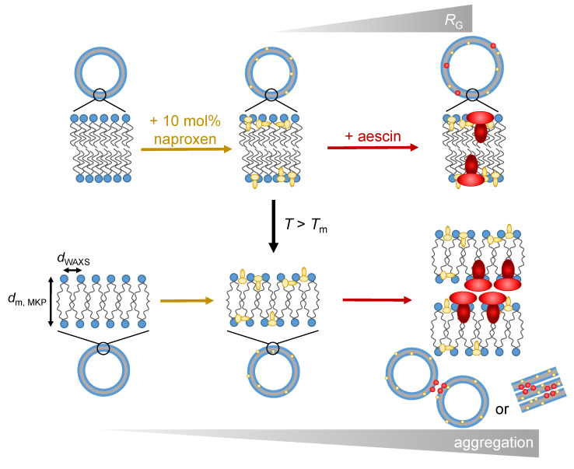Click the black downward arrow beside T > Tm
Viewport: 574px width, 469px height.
coord(273,226)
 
